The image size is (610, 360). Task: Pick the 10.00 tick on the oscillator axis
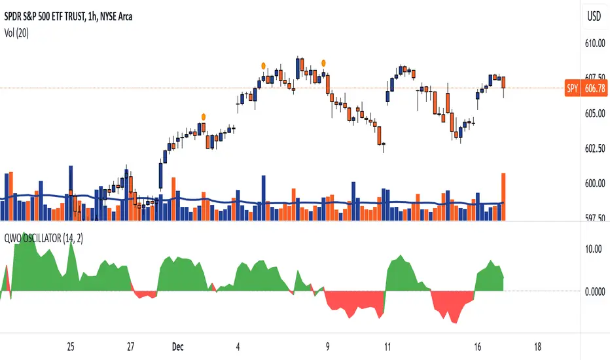[592, 249]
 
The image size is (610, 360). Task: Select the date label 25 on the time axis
[71, 346]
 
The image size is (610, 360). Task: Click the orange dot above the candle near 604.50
[203, 115]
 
